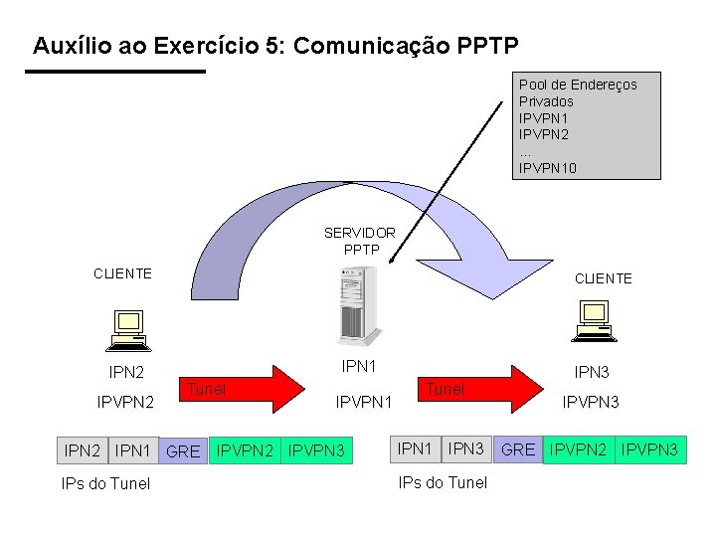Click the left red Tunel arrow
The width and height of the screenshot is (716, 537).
tap(243, 389)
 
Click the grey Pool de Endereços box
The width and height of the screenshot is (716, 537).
tap(589, 125)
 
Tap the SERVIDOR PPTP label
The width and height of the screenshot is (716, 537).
tap(360, 241)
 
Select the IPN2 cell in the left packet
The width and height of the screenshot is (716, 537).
tap(83, 450)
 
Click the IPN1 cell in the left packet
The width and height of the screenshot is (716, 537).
tap(132, 450)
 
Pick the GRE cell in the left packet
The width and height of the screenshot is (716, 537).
tap(183, 451)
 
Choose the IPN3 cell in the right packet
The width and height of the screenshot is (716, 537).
tap(465, 448)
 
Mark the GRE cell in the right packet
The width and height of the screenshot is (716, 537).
tap(518, 449)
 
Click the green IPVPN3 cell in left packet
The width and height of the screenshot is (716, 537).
tap(316, 450)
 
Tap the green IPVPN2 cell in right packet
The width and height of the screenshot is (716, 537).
tap(580, 449)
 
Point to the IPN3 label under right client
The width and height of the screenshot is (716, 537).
tap(592, 372)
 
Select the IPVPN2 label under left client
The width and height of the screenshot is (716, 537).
tap(125, 403)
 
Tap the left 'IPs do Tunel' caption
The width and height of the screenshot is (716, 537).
tap(105, 484)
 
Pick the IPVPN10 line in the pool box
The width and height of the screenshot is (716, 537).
tap(548, 168)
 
